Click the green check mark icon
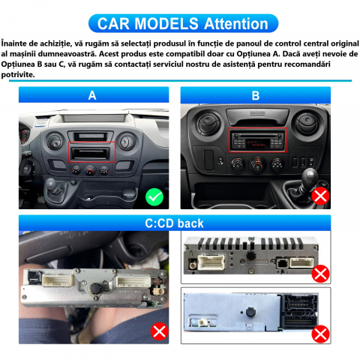154,197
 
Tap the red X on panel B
321,196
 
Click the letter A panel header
94,94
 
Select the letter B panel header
256,95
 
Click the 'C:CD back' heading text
174,223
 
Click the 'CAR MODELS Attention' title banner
183,23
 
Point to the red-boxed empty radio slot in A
91,152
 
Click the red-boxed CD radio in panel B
258,140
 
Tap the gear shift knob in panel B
310,176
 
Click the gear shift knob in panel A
51,184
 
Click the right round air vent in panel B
307,124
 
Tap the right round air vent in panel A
127,142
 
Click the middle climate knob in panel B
257,164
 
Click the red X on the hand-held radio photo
159,331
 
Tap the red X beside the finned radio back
320,274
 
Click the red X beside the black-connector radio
320,334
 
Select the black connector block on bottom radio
300,311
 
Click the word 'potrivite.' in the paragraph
18,75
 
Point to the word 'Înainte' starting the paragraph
14,43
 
